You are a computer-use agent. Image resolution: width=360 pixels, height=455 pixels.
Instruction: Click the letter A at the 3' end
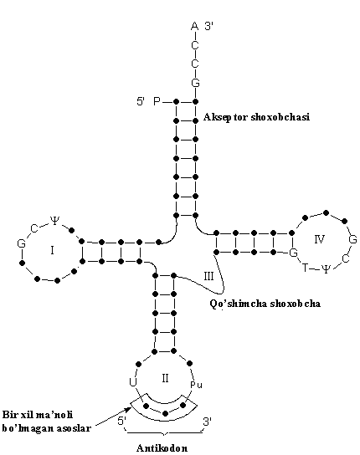coord(195,27)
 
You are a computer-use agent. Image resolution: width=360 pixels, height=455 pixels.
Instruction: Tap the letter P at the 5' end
coord(157,101)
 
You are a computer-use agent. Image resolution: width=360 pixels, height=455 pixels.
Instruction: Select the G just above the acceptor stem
coord(195,84)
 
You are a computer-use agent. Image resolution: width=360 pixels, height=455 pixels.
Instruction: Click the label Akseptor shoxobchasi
coord(256,117)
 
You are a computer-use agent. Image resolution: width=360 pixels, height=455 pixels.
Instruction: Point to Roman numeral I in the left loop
coord(52,250)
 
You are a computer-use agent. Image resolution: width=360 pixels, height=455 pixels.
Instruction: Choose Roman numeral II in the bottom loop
coord(165,378)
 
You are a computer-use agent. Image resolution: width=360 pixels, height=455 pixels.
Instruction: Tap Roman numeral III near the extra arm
coord(208,276)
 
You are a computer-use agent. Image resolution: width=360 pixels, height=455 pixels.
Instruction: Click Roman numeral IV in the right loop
coord(319,239)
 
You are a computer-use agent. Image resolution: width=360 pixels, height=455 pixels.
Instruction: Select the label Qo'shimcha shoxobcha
coord(265,304)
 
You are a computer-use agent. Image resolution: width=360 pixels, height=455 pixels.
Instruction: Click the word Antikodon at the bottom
coord(162,448)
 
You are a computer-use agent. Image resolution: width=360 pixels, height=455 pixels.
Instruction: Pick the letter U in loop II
coord(133,382)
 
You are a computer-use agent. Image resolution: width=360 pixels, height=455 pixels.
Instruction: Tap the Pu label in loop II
coord(196,385)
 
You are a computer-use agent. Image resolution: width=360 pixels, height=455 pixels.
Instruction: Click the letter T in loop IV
coord(305,268)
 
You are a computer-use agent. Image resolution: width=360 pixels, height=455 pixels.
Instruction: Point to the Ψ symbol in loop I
coord(54,220)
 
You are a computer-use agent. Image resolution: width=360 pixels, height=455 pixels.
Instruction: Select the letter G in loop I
coord(21,243)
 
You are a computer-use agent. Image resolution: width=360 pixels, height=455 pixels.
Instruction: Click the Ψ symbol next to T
coord(326,269)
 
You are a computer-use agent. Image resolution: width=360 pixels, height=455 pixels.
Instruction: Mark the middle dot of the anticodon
coord(165,413)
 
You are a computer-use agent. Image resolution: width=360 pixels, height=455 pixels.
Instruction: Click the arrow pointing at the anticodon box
coord(113,417)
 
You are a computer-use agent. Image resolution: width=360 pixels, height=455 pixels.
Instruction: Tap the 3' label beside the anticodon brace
coord(207,422)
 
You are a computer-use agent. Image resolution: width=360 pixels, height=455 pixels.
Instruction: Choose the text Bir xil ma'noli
coord(38,414)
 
